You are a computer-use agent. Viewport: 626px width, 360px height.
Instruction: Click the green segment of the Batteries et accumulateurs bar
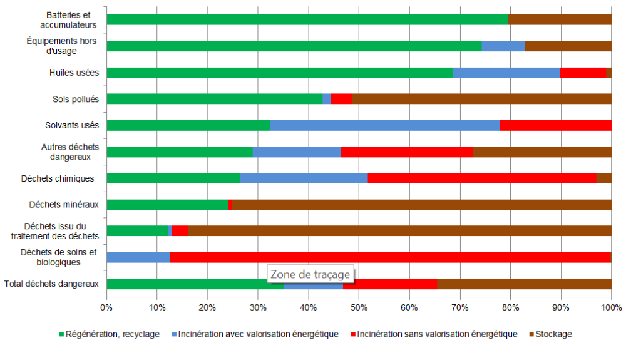[x=307, y=19]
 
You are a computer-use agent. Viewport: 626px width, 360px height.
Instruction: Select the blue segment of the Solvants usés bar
[x=384, y=125]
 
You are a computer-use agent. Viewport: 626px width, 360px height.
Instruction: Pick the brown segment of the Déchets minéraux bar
[x=421, y=205]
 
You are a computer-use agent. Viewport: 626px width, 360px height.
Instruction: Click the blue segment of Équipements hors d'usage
[x=503, y=46]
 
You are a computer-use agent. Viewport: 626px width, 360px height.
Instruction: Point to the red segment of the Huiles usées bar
[x=583, y=73]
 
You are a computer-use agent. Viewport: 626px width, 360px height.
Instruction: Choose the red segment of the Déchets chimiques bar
[x=481, y=178]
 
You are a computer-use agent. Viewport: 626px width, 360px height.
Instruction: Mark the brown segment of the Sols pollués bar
[x=481, y=99]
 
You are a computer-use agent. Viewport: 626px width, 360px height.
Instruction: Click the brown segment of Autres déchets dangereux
[x=541, y=152]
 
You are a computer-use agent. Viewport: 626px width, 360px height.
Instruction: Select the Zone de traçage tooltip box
[x=310, y=274]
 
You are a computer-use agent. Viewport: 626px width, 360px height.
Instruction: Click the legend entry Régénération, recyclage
[x=110, y=334]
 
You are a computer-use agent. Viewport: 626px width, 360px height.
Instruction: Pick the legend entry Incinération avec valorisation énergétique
[x=254, y=334]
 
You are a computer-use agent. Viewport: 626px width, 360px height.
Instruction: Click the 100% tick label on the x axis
[x=611, y=307]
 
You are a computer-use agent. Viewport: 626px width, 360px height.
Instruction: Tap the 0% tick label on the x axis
[x=106, y=307]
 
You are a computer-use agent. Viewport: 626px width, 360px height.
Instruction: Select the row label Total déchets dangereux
[x=51, y=284]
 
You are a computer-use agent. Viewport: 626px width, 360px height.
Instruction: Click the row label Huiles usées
[x=74, y=73]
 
